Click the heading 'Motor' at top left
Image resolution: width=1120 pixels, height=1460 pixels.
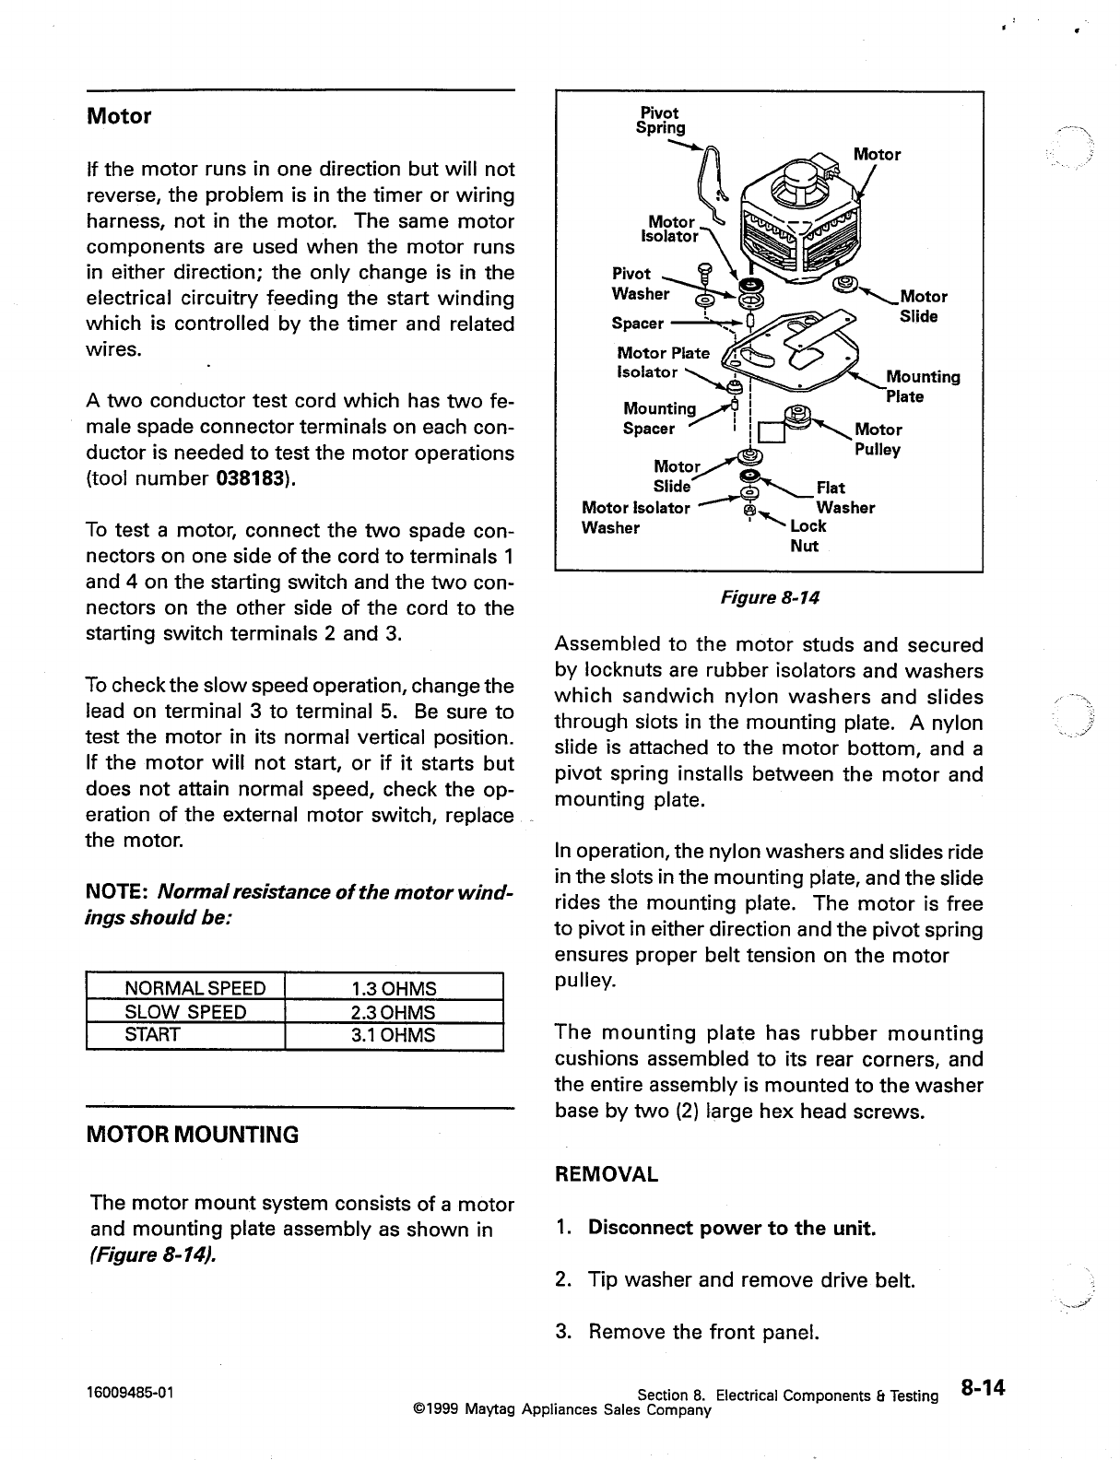pyautogui.click(x=118, y=117)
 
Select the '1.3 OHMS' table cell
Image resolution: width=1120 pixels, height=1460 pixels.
pyautogui.click(x=394, y=989)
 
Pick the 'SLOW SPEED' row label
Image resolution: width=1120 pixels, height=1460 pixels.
pyautogui.click(x=185, y=1012)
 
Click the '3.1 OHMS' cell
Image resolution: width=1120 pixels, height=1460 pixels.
pyautogui.click(x=394, y=1035)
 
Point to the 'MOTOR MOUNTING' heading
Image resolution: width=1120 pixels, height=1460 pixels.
pyautogui.click(x=192, y=1135)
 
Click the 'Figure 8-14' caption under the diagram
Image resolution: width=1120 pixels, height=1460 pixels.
pyautogui.click(x=769, y=598)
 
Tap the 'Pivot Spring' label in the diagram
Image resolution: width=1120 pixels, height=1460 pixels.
pyautogui.click(x=660, y=121)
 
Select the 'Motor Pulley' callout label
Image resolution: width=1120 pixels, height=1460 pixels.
pyautogui.click(x=878, y=440)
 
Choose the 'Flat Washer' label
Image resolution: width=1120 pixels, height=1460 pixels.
pyautogui.click(x=843, y=498)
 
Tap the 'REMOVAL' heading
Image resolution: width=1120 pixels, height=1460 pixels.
pyautogui.click(x=607, y=1175)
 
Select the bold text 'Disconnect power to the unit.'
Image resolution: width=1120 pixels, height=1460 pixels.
pyautogui.click(x=732, y=1228)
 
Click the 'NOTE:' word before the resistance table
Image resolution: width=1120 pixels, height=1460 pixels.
pyautogui.click(x=118, y=893)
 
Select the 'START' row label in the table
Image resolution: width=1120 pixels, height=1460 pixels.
pyautogui.click(x=152, y=1035)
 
